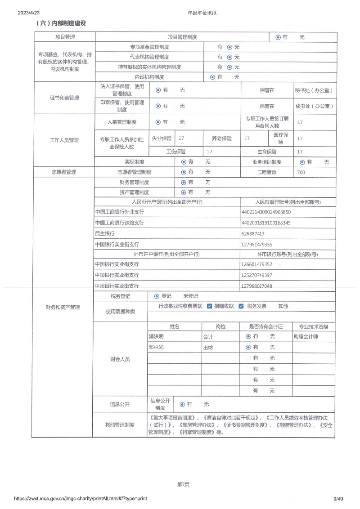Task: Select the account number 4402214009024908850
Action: coord(266,212)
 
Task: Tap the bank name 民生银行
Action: coord(105,234)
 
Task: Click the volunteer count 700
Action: coord(301,172)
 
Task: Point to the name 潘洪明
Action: coord(156,336)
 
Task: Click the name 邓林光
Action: coord(156,347)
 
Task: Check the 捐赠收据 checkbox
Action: coord(209,306)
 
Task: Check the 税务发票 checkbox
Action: coord(241,306)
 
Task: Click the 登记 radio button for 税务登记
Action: coord(157,296)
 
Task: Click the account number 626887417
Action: coord(253,234)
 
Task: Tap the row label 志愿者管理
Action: coord(63,172)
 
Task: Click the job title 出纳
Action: coord(208,348)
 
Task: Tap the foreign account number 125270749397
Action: coord(256,275)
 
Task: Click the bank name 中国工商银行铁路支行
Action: coord(120,223)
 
